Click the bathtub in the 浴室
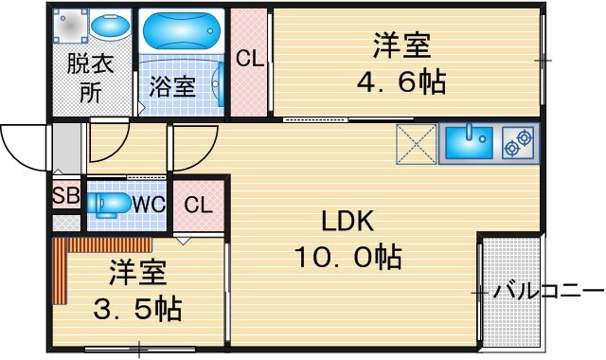pos(182,31)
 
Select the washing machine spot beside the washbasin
pos(70,26)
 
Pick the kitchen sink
pos(470,142)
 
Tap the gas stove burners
pos(518,143)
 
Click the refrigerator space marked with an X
pos(417,143)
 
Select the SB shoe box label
pos(66,195)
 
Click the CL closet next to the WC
pos(198,205)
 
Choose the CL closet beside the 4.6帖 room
pos(249,62)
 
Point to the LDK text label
pos(348,221)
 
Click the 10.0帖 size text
pos(348,257)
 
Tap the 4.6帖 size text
pos(401,81)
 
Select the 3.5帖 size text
pos(137,308)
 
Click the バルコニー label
pos(549,292)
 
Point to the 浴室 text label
pos(172,86)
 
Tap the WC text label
pos(149,204)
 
